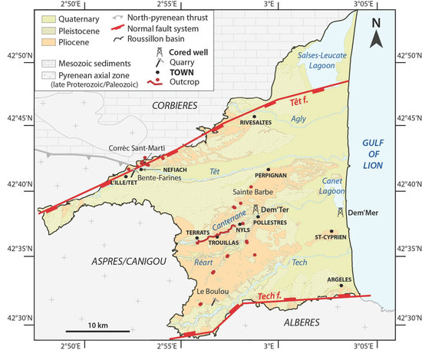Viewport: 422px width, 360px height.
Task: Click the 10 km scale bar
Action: (97, 333)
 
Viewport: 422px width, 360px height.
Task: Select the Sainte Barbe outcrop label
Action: (249, 195)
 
